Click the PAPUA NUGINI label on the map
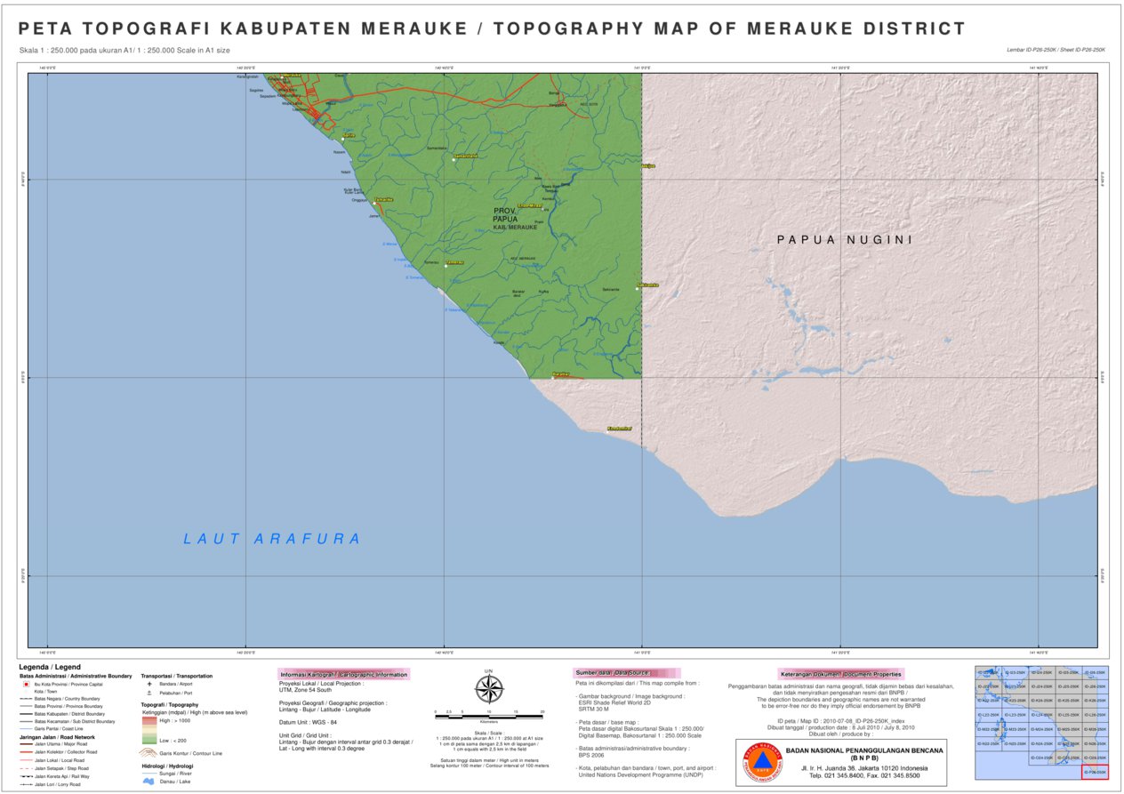click(845, 240)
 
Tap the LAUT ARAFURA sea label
click(272, 539)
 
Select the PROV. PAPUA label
click(504, 214)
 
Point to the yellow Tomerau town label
click(454, 263)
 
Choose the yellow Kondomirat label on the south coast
click(619, 429)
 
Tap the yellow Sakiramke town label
click(647, 285)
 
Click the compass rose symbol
click(488, 688)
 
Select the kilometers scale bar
click(488, 713)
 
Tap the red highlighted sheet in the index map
click(1095, 772)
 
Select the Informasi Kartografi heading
click(344, 675)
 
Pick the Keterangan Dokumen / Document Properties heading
click(841, 674)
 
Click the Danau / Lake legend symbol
click(149, 782)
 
